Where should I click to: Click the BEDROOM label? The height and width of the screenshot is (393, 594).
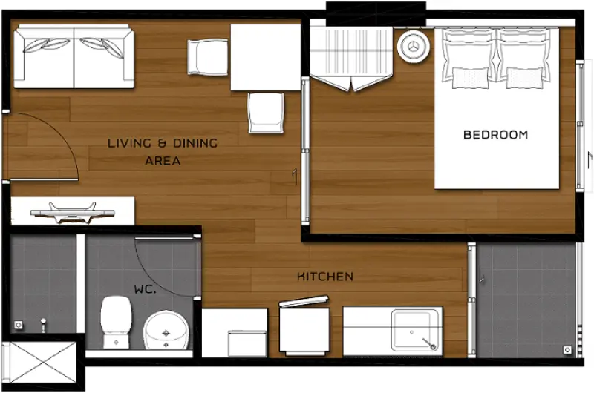coord(495,135)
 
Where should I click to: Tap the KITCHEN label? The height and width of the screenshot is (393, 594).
coord(325,277)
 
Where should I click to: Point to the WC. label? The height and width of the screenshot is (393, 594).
coord(145,290)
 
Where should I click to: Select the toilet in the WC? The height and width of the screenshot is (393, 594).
coord(116,323)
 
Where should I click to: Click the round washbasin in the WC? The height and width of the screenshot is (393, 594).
coord(166,330)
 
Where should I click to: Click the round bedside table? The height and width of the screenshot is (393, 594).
coord(414,46)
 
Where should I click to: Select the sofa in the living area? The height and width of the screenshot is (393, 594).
coord(74,56)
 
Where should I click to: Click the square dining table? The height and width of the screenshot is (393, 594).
coord(266,58)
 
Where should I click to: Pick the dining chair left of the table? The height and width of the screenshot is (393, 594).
coord(208,58)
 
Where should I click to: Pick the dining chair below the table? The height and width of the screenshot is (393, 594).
coord(266,113)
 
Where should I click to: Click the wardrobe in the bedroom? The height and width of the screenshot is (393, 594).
coord(351,59)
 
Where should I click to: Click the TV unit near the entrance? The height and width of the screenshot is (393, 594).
coord(72,211)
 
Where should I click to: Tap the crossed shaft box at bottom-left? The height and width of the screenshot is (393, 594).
coord(42,363)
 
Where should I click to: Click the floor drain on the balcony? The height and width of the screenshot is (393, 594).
coord(567,350)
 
